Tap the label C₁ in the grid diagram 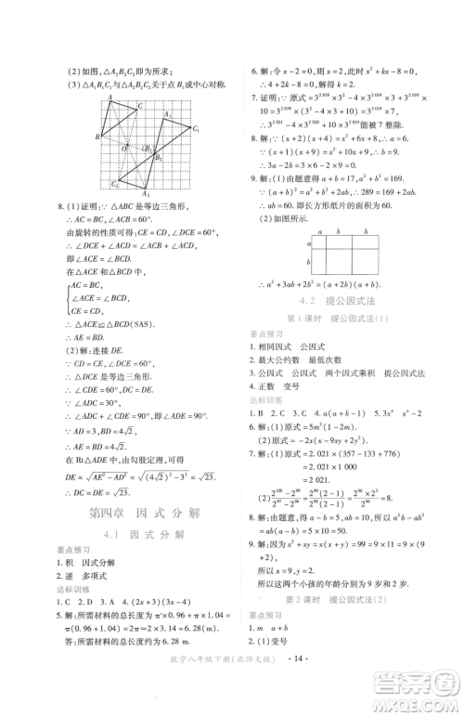[197, 128]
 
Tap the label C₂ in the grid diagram [113, 183]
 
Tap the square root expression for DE [141, 473]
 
